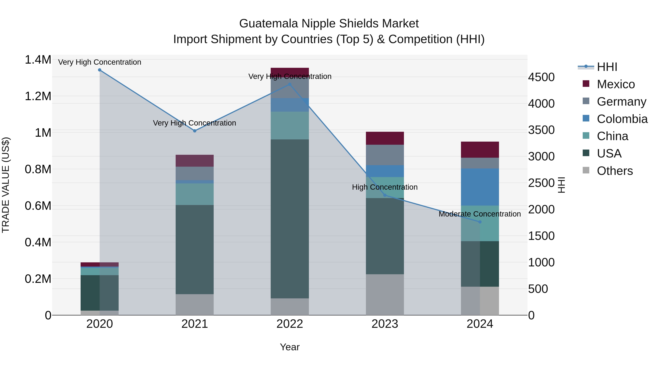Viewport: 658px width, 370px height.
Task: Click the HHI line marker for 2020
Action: pos(100,70)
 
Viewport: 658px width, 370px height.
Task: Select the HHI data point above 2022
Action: pos(290,85)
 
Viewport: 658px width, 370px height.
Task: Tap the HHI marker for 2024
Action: pos(480,222)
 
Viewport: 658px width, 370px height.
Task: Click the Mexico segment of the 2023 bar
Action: pos(385,138)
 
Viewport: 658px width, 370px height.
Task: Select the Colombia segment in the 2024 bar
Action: pos(480,187)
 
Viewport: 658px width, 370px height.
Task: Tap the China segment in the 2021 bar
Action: pos(195,194)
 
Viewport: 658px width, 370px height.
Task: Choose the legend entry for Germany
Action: pos(621,102)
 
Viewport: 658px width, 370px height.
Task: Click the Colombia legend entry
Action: pos(622,119)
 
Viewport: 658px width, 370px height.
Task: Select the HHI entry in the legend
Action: pos(607,67)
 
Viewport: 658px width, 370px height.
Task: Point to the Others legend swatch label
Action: pos(614,171)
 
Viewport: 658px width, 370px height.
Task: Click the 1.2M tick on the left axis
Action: pos(38,96)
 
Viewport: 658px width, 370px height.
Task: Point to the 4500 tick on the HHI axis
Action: pos(541,77)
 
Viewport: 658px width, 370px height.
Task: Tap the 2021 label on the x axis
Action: pos(195,324)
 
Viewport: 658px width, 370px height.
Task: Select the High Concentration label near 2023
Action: pos(385,187)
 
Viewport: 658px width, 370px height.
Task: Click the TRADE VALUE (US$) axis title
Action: pos(6,185)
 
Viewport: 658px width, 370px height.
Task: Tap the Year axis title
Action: pos(290,347)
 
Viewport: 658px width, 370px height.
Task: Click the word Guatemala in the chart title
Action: pos(269,24)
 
